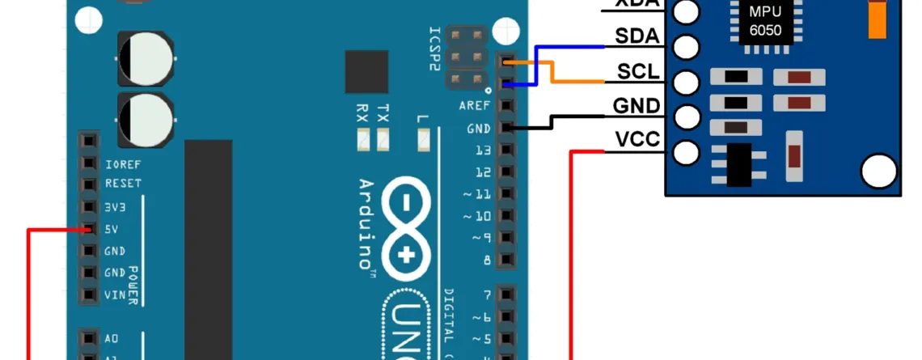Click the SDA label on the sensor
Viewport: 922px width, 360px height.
637,37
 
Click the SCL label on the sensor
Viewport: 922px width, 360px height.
638,73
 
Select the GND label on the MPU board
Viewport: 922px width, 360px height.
637,107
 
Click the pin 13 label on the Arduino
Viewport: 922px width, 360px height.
484,150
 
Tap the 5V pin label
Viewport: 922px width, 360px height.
112,230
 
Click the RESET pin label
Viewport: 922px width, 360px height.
123,184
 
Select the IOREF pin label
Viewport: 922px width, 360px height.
123,163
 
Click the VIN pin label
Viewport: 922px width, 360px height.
114,295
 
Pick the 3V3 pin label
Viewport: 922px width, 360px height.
114,207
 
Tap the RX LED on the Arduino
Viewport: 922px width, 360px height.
362,142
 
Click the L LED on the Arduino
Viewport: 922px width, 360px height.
422,142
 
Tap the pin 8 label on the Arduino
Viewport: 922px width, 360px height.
487,260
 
